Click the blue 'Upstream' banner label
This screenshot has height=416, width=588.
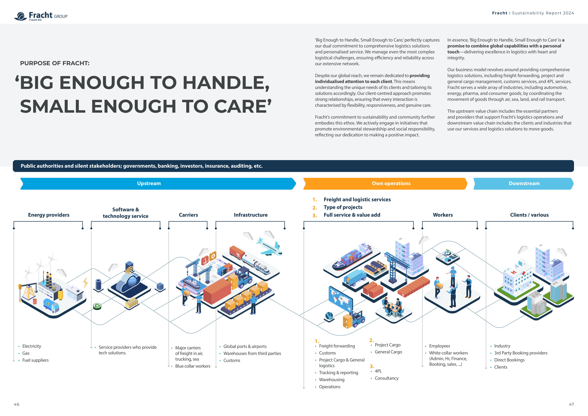[149, 183]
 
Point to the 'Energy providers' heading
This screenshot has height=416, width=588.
[49, 215]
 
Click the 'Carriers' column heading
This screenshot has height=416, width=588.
[188, 215]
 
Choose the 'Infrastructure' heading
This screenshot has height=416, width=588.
[250, 215]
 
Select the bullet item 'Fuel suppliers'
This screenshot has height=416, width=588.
[35, 360]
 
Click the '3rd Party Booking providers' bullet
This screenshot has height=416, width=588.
[521, 353]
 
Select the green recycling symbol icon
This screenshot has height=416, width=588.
[97, 306]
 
